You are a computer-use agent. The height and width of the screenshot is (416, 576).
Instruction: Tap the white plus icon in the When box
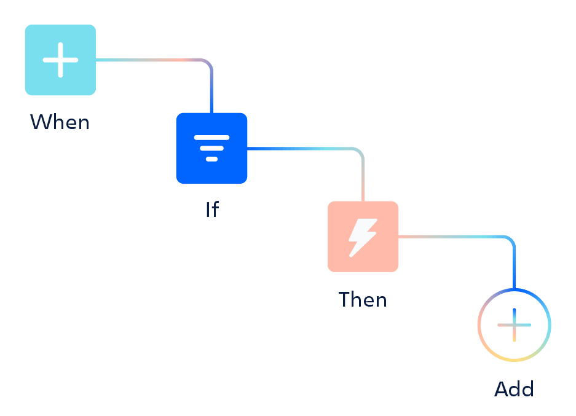click(60, 60)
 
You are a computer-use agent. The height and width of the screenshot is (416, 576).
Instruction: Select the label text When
click(60, 122)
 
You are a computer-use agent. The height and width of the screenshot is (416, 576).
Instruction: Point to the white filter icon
click(211, 147)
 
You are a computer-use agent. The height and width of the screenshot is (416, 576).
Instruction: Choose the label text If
click(211, 210)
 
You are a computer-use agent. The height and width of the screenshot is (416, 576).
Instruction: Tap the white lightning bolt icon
click(363, 237)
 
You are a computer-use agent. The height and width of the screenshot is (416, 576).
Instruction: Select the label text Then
click(363, 299)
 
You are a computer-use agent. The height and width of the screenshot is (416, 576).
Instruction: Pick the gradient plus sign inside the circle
click(514, 324)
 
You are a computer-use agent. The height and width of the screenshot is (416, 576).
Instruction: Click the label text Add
click(514, 389)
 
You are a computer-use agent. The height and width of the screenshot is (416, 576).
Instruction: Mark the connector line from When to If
click(154, 60)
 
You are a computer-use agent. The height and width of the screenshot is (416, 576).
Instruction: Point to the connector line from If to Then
click(301, 149)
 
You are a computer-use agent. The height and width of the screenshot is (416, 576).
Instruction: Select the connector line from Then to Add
click(455, 237)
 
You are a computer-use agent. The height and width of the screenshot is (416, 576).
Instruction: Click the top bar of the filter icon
click(211, 138)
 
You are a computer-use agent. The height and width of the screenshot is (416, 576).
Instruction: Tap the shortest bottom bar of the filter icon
click(211, 159)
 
